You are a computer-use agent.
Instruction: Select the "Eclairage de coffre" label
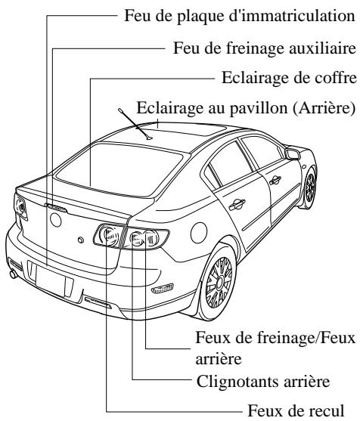click(287, 79)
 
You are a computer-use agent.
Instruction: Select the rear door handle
click(237, 202)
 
